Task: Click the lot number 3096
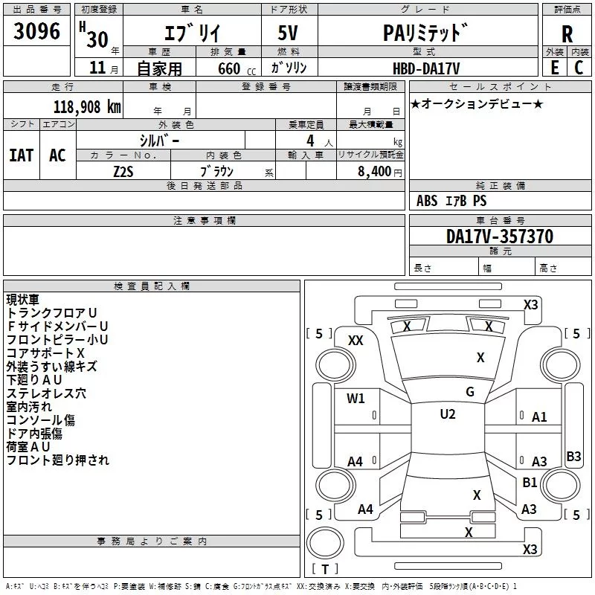(x=36, y=31)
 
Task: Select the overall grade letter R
(x=567, y=34)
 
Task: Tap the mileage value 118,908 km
(x=87, y=107)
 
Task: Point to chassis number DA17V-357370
(x=499, y=237)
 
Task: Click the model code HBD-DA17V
(x=426, y=68)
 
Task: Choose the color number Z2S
(x=123, y=172)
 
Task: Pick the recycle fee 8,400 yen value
(x=379, y=172)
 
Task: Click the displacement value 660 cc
(x=237, y=68)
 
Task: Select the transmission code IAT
(x=22, y=155)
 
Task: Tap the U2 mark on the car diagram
(x=448, y=414)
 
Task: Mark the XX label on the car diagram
(x=356, y=341)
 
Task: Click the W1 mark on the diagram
(x=356, y=398)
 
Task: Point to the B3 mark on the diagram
(x=573, y=456)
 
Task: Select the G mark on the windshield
(x=470, y=391)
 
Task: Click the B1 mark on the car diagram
(x=530, y=482)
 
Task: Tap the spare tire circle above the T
(x=325, y=543)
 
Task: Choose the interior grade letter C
(x=579, y=68)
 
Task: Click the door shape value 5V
(x=288, y=33)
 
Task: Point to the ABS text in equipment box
(x=427, y=201)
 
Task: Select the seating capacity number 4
(x=310, y=141)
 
